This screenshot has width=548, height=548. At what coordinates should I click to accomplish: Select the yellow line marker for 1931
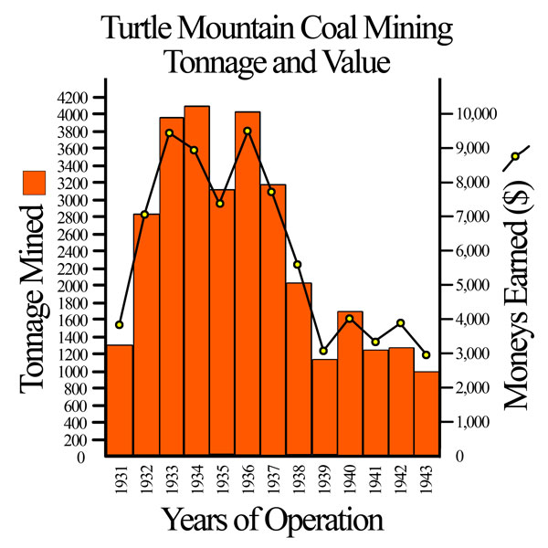pos(120,324)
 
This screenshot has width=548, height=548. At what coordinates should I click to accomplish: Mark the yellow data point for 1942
pos(400,323)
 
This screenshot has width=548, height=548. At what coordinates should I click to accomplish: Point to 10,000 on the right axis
pos(476,114)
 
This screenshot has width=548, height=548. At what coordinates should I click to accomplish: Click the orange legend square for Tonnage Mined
pos(34,181)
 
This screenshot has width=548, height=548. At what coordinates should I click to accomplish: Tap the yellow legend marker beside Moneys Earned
pos(516,156)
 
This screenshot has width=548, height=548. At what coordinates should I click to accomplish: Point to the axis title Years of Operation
pos(272,520)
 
